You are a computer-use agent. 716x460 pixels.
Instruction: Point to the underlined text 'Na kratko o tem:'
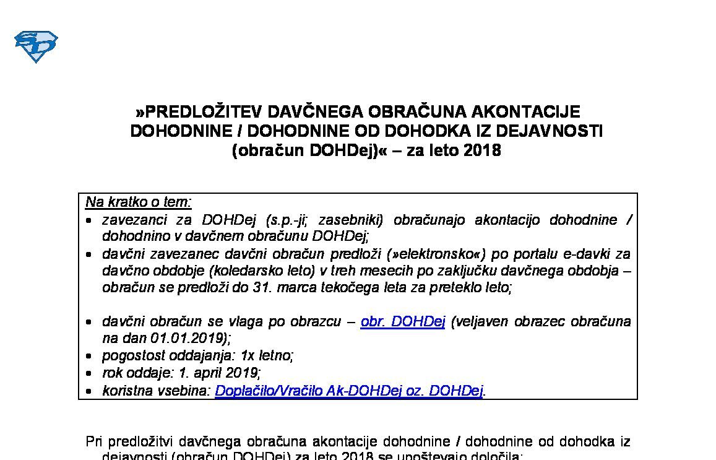139,202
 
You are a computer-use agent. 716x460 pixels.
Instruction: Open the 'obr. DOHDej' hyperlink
403,321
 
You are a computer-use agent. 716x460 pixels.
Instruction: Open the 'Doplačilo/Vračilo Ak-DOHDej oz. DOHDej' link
349,391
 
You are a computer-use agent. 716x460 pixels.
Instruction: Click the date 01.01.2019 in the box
188,338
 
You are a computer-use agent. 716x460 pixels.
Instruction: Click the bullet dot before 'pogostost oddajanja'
90,357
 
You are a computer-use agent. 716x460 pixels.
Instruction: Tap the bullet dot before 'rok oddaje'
90,374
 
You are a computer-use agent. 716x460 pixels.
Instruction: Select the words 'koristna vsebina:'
157,391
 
